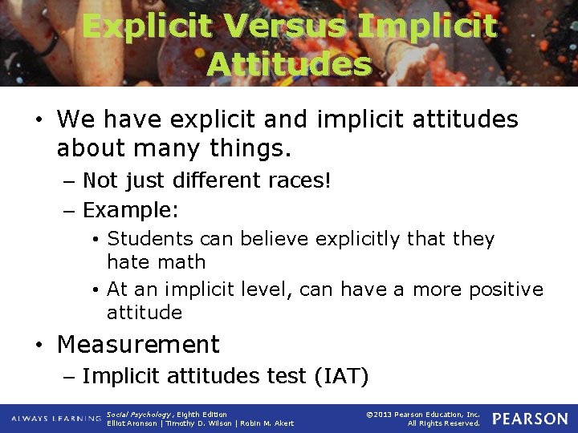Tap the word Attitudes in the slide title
289,63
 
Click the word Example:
131,211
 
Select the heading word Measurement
138,344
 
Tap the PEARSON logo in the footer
529,419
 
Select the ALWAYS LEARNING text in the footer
56,419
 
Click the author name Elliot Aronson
133,423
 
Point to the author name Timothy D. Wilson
198,423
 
